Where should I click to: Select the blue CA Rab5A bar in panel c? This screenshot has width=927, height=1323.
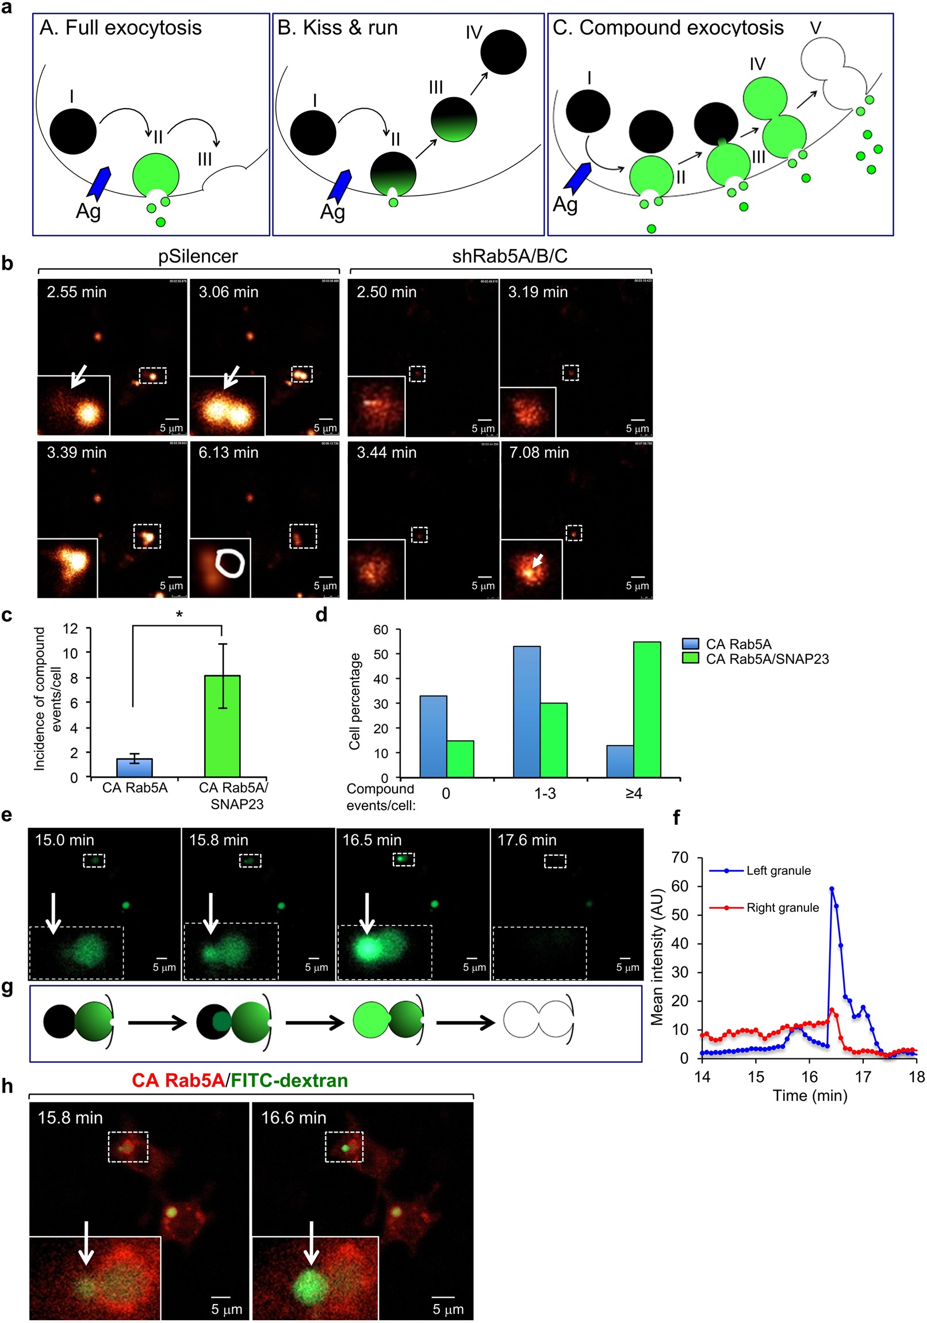(x=134, y=767)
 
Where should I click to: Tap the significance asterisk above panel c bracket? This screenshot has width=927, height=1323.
(x=179, y=615)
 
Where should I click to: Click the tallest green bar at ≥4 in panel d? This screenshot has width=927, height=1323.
(x=646, y=709)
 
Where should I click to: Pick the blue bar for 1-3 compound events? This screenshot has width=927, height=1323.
(x=526, y=712)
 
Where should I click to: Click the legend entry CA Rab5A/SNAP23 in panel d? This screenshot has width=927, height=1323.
(x=766, y=659)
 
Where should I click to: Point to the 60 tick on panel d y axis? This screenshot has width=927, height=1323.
(x=381, y=630)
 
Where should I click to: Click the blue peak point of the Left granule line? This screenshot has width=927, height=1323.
(x=832, y=889)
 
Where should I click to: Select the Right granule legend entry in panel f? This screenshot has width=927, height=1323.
(x=782, y=908)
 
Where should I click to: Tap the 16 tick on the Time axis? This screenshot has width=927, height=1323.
(x=809, y=1076)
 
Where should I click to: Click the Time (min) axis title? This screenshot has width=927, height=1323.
(x=810, y=1095)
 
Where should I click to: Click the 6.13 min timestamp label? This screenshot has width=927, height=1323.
(x=228, y=453)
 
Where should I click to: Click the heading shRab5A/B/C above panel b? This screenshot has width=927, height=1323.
(x=510, y=256)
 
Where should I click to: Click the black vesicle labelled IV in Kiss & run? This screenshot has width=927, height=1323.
(x=503, y=52)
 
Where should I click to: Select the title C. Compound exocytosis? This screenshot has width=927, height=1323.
(x=668, y=28)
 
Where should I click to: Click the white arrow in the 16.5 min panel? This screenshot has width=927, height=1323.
(x=366, y=913)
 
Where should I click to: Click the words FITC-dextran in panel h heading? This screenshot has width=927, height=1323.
(x=289, y=1080)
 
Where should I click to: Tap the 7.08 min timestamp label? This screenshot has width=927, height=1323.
(x=539, y=453)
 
